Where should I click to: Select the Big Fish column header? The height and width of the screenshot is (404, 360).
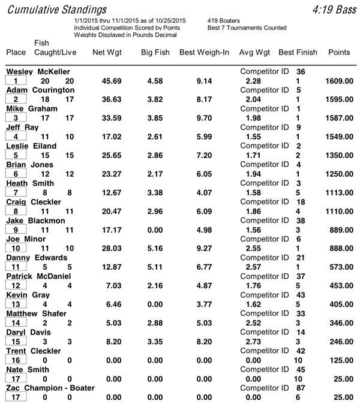point(155,53)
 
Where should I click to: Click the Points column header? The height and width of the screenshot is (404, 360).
point(339,53)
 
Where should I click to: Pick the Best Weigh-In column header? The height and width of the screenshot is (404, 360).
point(204,53)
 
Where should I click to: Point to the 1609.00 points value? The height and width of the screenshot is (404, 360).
point(339,81)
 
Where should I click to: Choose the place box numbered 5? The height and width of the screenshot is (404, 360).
point(16,155)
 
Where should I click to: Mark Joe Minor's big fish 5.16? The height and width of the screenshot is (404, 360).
point(155,248)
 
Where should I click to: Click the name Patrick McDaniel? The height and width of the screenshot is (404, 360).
point(38,276)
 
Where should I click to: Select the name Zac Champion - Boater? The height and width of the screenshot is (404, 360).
point(50,388)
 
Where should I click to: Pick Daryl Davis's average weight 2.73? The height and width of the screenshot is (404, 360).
point(253,341)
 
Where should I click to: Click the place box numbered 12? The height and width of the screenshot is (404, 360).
point(16,285)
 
